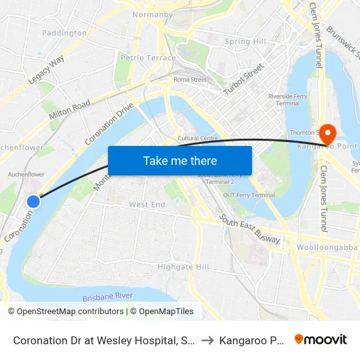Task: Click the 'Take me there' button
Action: coord(179,160)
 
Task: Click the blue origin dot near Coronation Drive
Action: coord(33,202)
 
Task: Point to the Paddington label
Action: coord(64,33)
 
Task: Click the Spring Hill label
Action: coord(245,42)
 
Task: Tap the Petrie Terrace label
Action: coord(148,58)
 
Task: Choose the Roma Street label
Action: coord(190,80)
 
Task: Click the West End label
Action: coord(147,205)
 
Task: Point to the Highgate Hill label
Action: coord(183,267)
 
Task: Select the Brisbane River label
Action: coord(107,296)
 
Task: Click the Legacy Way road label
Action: coord(46,69)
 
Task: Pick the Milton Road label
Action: coord(69,109)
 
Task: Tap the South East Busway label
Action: coord(249,230)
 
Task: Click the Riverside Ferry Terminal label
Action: coord(284,99)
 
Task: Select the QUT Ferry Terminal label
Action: coord(249,195)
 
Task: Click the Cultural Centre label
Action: coord(198,138)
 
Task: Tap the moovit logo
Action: coord(320,339)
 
